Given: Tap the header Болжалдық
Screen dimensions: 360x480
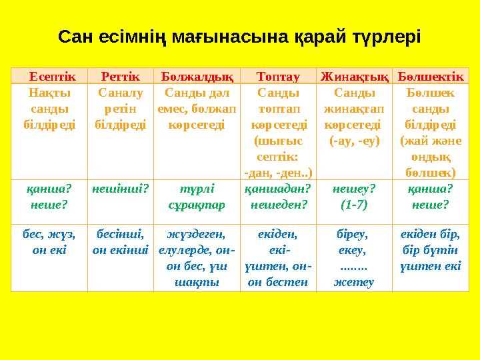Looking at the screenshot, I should (195, 76).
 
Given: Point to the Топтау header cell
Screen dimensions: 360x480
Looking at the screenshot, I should (277, 76).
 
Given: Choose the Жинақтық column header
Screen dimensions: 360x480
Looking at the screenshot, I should (354, 76).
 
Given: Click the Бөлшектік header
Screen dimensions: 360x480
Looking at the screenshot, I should (431, 76).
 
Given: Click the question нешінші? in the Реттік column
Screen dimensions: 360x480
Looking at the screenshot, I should (120, 189).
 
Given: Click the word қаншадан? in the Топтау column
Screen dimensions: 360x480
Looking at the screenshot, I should (278, 189).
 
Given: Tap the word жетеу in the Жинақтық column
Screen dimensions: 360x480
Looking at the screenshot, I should (354, 281).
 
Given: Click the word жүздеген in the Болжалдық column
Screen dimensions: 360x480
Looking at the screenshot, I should (195, 234).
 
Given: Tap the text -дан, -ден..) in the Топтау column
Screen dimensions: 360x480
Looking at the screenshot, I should (278, 172).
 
